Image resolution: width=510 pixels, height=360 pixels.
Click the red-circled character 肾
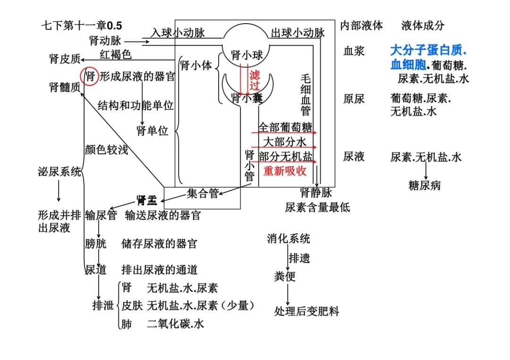point(90,77)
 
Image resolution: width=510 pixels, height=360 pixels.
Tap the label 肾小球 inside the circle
point(246,55)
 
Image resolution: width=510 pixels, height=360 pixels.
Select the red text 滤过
point(255,80)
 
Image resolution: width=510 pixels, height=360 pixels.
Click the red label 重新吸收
point(285,171)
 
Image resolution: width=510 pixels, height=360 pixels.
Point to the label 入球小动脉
point(178,33)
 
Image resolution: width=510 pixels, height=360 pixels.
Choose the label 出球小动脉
point(298,33)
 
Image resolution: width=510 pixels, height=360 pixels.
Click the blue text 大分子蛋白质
point(428,50)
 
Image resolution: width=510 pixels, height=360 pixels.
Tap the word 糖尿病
point(425,186)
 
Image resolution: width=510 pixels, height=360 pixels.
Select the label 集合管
point(203,193)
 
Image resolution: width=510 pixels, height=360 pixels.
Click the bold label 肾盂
point(147,200)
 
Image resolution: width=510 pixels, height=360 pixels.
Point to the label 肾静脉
point(316,193)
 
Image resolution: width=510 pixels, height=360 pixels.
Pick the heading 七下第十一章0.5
point(82,25)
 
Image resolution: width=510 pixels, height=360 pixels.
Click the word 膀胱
point(95,243)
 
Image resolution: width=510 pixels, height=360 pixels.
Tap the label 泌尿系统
point(59,172)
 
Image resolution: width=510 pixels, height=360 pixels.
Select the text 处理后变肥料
point(307,311)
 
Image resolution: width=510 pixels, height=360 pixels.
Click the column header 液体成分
point(423,25)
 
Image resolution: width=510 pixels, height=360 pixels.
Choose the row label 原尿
point(354,99)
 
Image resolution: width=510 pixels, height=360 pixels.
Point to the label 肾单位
point(152,131)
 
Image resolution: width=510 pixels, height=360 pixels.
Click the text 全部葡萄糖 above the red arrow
point(285,127)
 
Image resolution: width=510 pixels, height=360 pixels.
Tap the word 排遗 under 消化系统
point(299,258)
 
